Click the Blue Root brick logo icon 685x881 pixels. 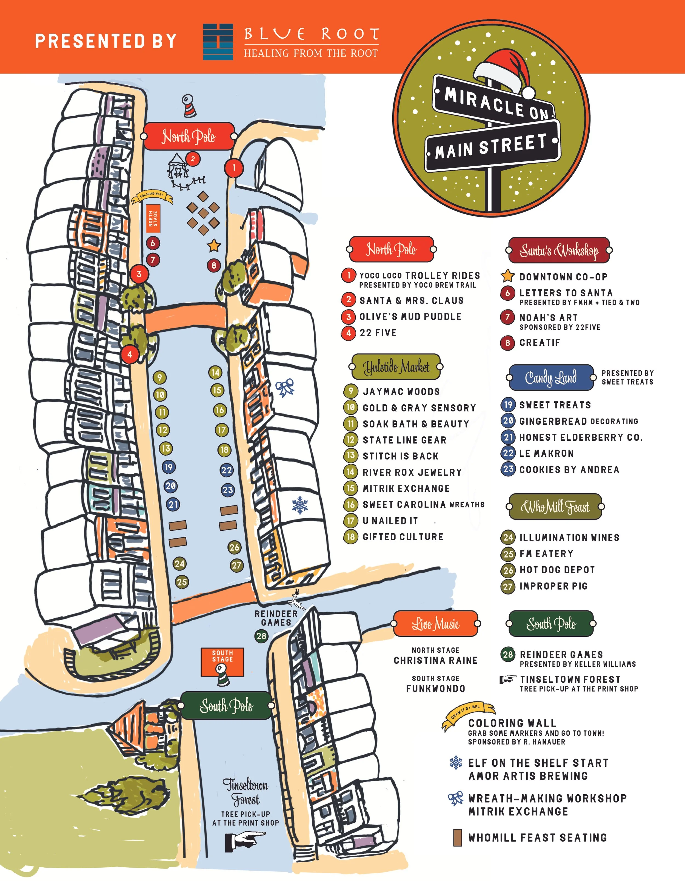point(218,42)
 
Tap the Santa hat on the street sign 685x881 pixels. point(504,73)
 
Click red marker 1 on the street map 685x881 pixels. point(233,167)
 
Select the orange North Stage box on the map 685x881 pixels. point(153,218)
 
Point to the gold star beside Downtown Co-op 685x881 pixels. point(508,276)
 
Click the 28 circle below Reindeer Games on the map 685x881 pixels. point(261,636)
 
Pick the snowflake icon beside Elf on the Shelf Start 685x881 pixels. point(456,762)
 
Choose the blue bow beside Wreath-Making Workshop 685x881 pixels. point(456,798)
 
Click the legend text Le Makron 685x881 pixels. point(546,453)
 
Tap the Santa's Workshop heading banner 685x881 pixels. point(558,250)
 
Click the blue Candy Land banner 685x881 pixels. point(551,377)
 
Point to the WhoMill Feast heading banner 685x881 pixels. point(555,507)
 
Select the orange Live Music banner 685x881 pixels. point(435,624)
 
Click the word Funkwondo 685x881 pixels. point(435,689)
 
